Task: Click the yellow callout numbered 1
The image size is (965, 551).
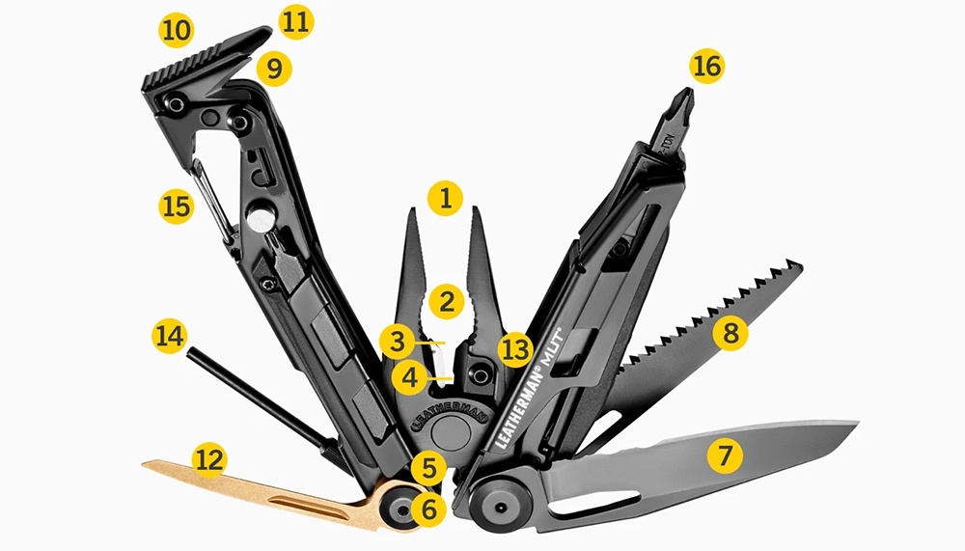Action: click(x=445, y=198)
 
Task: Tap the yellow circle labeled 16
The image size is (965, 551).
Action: click(x=707, y=67)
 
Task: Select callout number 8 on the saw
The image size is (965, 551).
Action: click(x=731, y=333)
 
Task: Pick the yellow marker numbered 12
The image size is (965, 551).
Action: click(x=209, y=459)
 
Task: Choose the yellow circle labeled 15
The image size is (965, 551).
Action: click(x=177, y=207)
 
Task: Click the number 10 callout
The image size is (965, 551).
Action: click(x=177, y=30)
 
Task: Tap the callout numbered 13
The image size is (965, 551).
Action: click(x=515, y=349)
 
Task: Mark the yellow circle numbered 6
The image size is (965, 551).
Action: click(x=429, y=509)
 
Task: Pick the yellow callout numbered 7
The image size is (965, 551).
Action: click(x=725, y=456)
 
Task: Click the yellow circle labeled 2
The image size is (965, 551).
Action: click(x=446, y=302)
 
